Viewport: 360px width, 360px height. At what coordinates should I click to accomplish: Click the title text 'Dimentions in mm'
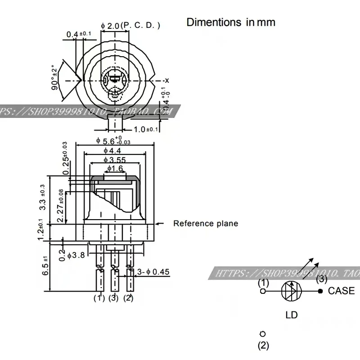point(231,22)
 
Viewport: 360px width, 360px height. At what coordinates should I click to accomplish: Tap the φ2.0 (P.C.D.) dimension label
point(130,26)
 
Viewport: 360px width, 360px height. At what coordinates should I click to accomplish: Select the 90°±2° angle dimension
point(55,77)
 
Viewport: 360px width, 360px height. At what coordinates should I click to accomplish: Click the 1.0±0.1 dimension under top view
point(146,129)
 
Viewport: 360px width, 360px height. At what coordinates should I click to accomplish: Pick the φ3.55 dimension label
point(114,160)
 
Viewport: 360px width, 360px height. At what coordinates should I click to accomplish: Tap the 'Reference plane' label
point(206,224)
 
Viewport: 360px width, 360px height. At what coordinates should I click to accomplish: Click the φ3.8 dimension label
point(76,255)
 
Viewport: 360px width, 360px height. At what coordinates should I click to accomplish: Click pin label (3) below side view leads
point(114,297)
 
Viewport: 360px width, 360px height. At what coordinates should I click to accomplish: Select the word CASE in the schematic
point(341,291)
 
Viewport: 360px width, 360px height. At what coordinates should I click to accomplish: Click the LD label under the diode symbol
point(292,315)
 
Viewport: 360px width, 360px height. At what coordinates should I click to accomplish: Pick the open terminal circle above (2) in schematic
point(263,334)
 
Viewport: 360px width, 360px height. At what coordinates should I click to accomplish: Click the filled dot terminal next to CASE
point(320,291)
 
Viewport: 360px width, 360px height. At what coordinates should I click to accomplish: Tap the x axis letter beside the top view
point(166,80)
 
